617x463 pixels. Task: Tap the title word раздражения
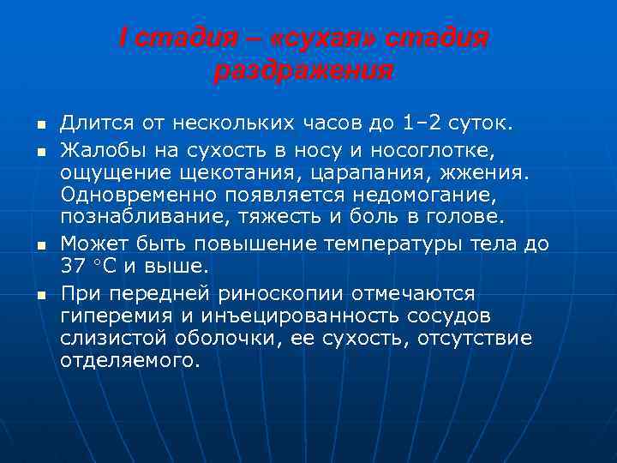[x=304, y=71]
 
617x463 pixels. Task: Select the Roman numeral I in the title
[x=123, y=39]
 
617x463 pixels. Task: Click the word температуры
[x=394, y=244]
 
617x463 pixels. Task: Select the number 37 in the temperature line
[x=75, y=267]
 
